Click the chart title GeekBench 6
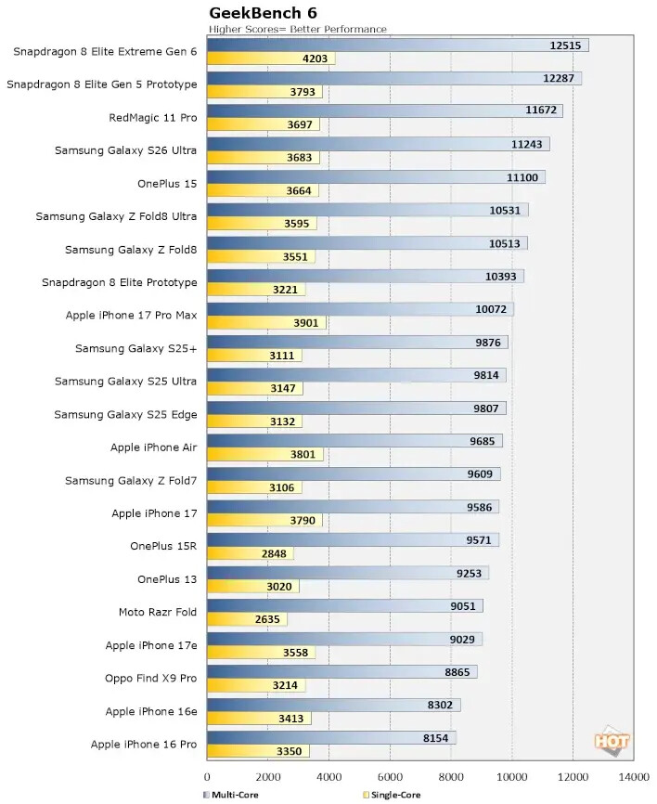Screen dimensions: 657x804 pyautogui.click(x=263, y=12)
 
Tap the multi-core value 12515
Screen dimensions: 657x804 pyautogui.click(x=565, y=45)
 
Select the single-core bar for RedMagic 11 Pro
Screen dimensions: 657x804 pyautogui.click(x=264, y=124)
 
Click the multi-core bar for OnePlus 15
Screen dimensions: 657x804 pyautogui.click(x=376, y=177)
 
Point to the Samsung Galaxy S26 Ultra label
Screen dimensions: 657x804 pyautogui.click(x=125, y=150)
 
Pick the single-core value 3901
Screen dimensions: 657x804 pyautogui.click(x=306, y=322)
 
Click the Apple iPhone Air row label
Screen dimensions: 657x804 pyautogui.click(x=154, y=447)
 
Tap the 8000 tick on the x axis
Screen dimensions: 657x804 pyautogui.click(x=451, y=777)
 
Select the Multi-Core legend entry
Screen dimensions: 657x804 pyautogui.click(x=231, y=795)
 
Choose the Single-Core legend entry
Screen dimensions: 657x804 pyautogui.click(x=392, y=795)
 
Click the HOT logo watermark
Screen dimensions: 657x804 pyautogui.click(x=612, y=741)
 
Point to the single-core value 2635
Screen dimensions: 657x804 pyautogui.click(x=267, y=619)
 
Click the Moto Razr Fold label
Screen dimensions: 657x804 pyautogui.click(x=158, y=612)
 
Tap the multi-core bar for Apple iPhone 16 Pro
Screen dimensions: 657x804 pyautogui.click(x=331, y=738)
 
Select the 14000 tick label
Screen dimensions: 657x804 pyautogui.click(x=634, y=777)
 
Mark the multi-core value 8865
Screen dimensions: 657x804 pyautogui.click(x=457, y=672)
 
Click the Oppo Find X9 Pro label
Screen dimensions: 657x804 pyautogui.click(x=150, y=678)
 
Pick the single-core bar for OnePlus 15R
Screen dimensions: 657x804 pyautogui.click(x=251, y=553)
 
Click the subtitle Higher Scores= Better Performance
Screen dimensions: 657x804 pyautogui.click(x=297, y=29)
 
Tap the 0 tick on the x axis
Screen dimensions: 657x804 pyautogui.click(x=207, y=777)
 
